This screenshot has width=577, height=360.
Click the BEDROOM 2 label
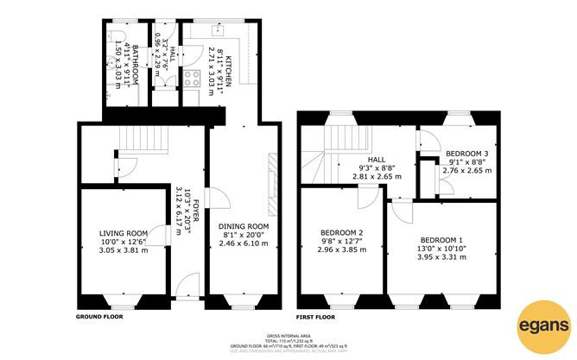click(340, 232)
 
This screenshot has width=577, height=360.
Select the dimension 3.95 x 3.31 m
click(441, 256)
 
